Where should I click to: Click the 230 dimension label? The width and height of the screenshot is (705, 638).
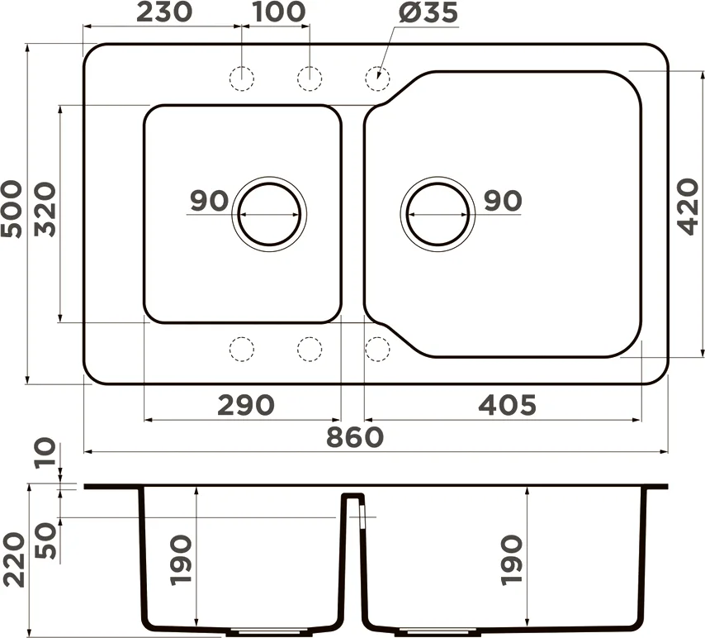pos(164,12)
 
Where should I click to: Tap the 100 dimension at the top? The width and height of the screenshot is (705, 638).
pos(279,12)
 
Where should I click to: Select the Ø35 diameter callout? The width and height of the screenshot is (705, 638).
pos(428,12)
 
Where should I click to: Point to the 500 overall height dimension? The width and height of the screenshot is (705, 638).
pos(12,209)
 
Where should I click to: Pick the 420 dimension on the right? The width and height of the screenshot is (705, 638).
pos(688,207)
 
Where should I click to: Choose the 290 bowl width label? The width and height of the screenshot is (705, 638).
pos(245,405)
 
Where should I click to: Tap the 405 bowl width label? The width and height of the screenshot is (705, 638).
pos(507,405)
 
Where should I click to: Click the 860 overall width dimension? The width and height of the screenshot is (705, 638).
pos(355,437)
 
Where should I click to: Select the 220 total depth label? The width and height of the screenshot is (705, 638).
pos(13,559)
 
